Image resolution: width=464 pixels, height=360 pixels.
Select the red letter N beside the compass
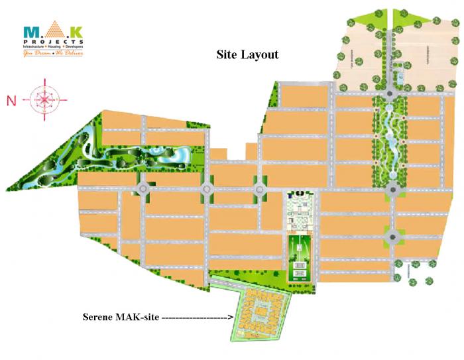point(11,101)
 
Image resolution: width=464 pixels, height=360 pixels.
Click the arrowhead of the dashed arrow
point(231,317)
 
